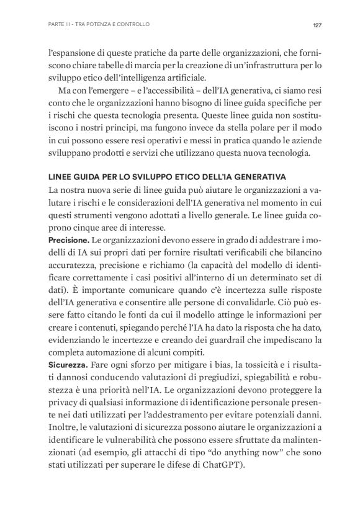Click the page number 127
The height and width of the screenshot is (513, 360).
(316, 25)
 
